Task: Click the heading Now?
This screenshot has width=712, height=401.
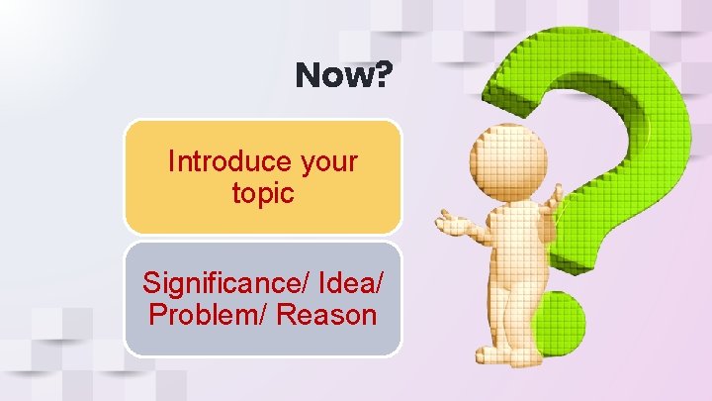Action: (342, 76)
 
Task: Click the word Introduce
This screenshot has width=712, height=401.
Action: (215, 161)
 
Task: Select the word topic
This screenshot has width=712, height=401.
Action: (262, 193)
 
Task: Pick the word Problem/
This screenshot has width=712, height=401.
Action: (208, 316)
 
